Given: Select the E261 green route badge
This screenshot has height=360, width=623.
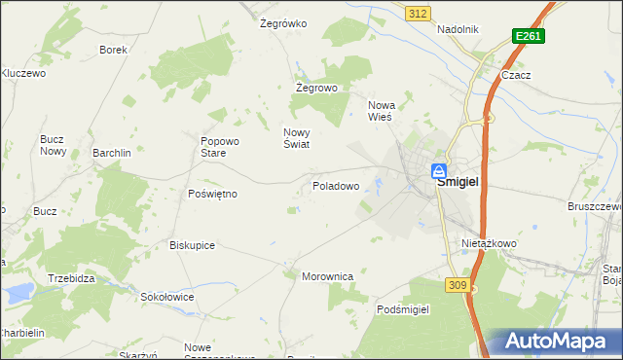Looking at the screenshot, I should click(x=528, y=36).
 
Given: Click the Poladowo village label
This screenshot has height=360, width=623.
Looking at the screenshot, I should click(x=336, y=185).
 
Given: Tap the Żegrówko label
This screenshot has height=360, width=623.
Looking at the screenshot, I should click(x=283, y=23).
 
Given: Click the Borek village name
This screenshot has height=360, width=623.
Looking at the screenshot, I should click(x=114, y=49).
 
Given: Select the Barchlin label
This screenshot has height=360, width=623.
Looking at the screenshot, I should click(x=112, y=153).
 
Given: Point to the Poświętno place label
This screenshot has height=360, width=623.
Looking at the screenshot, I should click(x=212, y=194).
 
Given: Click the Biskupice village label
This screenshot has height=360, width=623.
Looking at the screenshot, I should click(x=192, y=245).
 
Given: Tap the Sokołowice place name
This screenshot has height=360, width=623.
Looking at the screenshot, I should click(x=167, y=297).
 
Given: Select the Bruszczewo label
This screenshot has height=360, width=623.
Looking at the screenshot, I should click(x=595, y=206).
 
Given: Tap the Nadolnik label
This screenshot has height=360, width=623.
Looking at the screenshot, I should click(x=458, y=29).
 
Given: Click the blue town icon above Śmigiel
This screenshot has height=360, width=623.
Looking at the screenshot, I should click(x=440, y=169).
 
